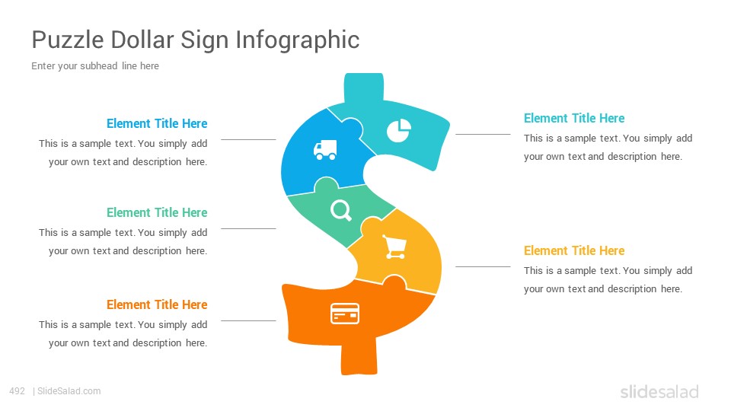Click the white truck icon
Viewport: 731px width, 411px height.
pos(325,150)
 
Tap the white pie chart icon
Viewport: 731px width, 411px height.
pos(398,130)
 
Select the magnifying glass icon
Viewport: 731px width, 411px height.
pos(341,210)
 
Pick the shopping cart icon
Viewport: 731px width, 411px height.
pos(394,247)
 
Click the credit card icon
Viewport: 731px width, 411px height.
pos(345,313)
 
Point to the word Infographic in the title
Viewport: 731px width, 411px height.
pos(298,40)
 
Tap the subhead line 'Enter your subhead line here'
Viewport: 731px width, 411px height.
pos(95,65)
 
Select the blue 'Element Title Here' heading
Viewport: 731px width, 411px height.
pos(157,123)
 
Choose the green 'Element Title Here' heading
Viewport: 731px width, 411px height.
pos(157,212)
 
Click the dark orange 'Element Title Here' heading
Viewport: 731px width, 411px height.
pos(157,304)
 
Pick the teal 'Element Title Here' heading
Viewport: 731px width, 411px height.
pos(574,119)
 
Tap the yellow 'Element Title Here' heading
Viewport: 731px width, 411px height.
pos(574,250)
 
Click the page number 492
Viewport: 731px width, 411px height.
pos(18,391)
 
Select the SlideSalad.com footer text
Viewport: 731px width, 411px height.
pos(69,391)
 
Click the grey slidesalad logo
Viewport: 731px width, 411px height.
pos(659,391)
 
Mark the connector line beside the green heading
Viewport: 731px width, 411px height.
pos(248,229)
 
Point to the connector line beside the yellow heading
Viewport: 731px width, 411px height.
pos(483,267)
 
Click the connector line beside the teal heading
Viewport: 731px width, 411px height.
pos(483,134)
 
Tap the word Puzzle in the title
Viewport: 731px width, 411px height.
pos(68,40)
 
